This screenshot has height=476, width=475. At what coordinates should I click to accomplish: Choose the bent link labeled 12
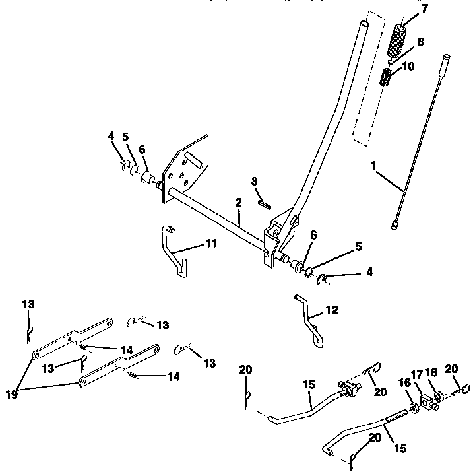click(x=309, y=320)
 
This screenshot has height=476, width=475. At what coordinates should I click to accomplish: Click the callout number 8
click(x=420, y=41)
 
